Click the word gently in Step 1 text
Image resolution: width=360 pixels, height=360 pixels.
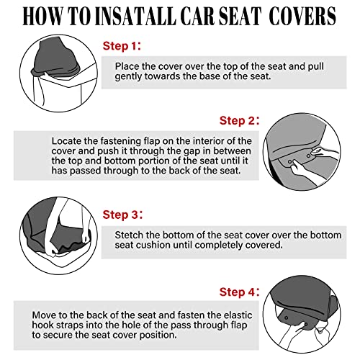pyautogui.click(x=132, y=77)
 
